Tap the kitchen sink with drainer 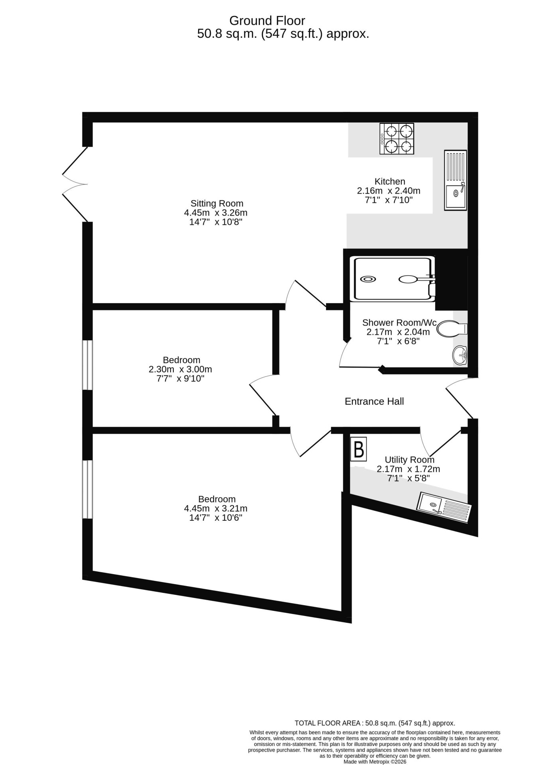click(456, 180)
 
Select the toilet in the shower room click(452, 329)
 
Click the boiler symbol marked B click(358, 449)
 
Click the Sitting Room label click(216, 203)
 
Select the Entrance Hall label click(374, 401)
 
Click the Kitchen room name click(389, 181)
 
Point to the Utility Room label click(409, 459)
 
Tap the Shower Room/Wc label click(399, 322)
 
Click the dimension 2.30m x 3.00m click(180, 369)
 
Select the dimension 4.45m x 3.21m click(216, 508)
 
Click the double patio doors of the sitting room click(75, 184)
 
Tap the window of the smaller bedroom click(87, 365)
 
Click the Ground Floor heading click(267, 20)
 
